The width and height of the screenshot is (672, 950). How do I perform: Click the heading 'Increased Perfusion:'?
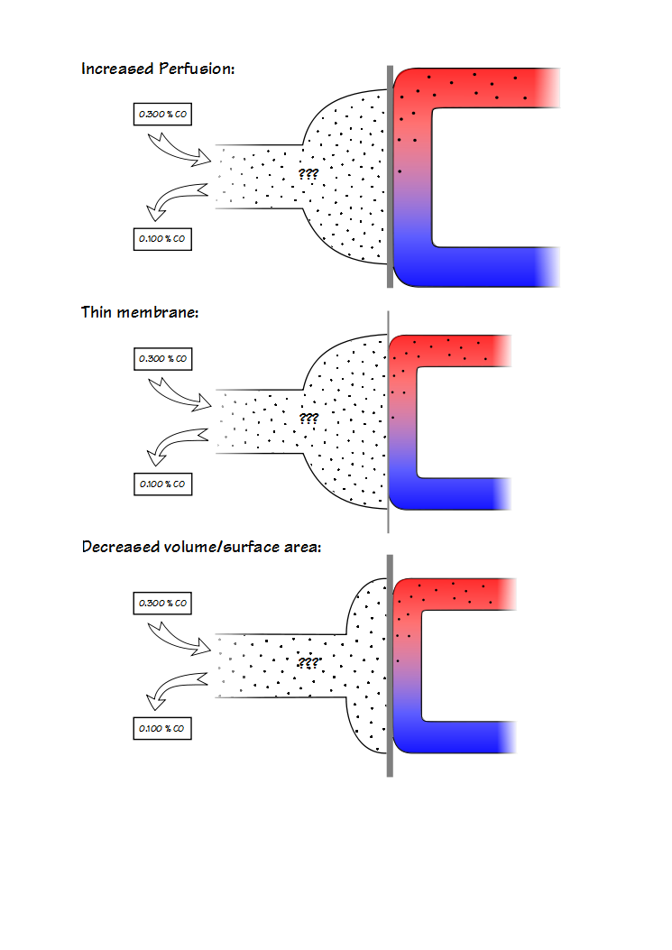tap(158, 69)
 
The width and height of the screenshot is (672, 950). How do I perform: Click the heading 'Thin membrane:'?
tap(140, 312)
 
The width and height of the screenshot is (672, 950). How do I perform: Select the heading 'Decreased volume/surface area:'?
tap(201, 547)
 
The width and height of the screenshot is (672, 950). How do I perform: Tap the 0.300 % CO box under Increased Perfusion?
tap(162, 115)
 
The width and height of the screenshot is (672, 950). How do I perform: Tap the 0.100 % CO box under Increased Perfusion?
tap(162, 239)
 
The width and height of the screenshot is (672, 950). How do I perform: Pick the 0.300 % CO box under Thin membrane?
tap(162, 358)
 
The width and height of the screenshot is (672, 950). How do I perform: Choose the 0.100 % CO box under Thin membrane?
tap(162, 484)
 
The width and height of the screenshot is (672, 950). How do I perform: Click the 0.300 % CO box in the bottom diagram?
tap(162, 602)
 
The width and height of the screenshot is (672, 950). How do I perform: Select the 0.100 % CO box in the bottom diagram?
tap(162, 728)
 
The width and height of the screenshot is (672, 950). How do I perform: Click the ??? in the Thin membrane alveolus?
tap(308, 419)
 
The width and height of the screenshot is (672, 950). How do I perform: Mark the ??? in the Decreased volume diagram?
tap(308, 662)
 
